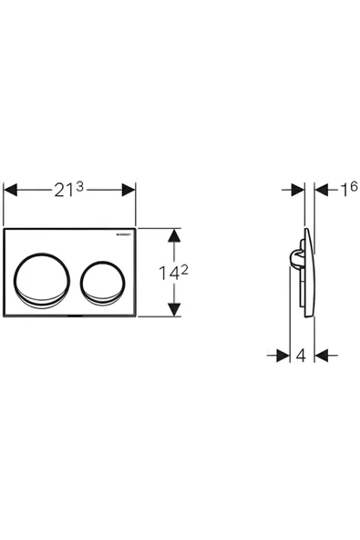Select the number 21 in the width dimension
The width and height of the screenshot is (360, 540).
pos(61,190)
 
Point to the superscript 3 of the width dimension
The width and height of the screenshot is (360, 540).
pos(80,185)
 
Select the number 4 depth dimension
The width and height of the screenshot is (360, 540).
pos(301,355)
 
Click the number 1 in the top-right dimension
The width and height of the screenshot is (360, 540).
pos(343,190)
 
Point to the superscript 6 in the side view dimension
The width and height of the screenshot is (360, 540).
pos(354,185)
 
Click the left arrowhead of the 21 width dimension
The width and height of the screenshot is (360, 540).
pos(10,190)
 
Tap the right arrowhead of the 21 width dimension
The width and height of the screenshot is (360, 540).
pos(129,190)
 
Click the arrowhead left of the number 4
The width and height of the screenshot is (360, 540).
pos(283,355)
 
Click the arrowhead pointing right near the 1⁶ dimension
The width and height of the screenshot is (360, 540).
pos(298,190)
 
